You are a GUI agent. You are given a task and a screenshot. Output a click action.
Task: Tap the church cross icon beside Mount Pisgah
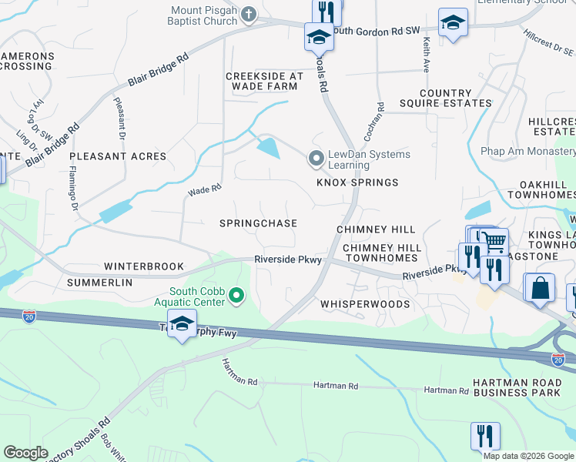pyautogui.click(x=249, y=13)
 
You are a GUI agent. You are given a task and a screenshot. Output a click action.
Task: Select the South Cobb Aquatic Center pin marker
pyautogui.click(x=237, y=295)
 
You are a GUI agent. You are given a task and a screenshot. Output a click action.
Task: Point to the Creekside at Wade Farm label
pyautogui.click(x=264, y=82)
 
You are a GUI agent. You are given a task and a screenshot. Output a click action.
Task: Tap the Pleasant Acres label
pyautogui.click(x=118, y=156)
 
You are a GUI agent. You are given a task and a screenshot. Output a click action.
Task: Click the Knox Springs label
pyautogui.click(x=357, y=182)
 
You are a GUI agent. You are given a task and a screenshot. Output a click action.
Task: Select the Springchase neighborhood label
pyautogui.click(x=258, y=223)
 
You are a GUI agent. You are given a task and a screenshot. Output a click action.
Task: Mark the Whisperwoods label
pyautogui.click(x=365, y=304)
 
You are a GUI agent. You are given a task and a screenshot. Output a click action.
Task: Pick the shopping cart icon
pyautogui.click(x=494, y=242)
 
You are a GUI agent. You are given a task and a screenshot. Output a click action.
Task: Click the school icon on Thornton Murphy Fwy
pyautogui.click(x=182, y=325)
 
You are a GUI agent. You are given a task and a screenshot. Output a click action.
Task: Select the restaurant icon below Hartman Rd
pyautogui.click(x=485, y=435)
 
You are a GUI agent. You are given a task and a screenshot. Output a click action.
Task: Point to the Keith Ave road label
pyautogui.click(x=426, y=57)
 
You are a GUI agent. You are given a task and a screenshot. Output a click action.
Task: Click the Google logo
pyautogui.click(x=26, y=453)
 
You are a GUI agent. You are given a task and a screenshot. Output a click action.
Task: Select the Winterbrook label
pyautogui.click(x=145, y=266)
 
